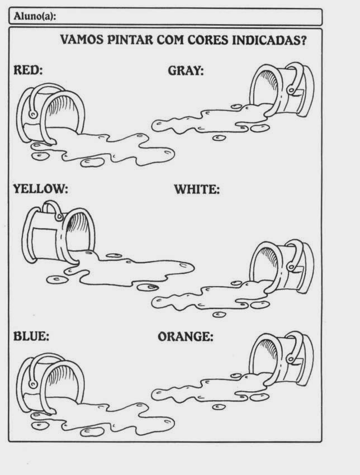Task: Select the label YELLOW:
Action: (x=40, y=189)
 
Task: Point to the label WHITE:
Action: (x=197, y=189)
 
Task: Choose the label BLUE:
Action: (x=31, y=336)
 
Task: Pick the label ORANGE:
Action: (x=186, y=336)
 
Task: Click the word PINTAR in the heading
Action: (x=119, y=41)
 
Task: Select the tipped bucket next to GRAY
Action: (x=283, y=89)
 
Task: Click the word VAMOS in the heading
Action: (x=78, y=41)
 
